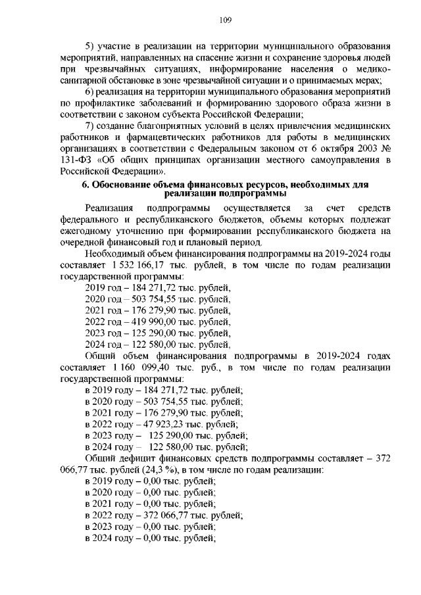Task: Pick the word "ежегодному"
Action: (87, 231)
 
